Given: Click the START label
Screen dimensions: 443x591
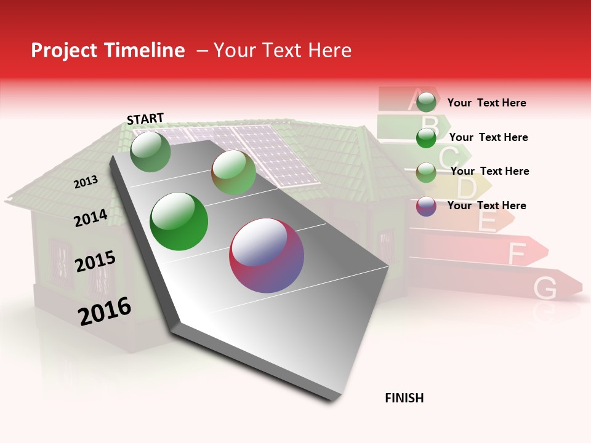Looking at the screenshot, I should [145, 118].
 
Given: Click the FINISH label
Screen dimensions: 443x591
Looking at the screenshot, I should [404, 398].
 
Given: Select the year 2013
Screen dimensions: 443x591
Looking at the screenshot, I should [86, 182].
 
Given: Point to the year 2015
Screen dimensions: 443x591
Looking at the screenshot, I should [95, 261].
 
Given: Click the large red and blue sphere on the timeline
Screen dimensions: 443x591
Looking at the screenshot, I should [267, 255].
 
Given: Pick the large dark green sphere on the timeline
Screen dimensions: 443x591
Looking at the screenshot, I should [179, 221].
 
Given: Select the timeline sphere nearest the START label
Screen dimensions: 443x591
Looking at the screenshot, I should [151, 151].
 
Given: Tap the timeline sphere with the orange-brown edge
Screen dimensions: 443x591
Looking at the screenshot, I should [234, 173].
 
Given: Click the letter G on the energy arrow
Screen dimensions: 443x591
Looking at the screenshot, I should [545, 287].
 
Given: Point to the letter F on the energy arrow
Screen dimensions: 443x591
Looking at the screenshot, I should [517, 252].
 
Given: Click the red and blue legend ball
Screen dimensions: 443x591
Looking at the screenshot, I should [426, 206].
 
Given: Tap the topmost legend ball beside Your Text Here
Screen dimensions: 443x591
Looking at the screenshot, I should [426, 102].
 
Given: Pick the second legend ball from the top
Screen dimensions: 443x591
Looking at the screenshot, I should [426, 138].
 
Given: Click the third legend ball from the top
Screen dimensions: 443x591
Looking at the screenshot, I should [426, 172].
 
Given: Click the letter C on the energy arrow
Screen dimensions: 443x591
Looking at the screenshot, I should [448, 158].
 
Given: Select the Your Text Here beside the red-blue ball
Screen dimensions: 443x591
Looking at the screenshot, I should [486, 206].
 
